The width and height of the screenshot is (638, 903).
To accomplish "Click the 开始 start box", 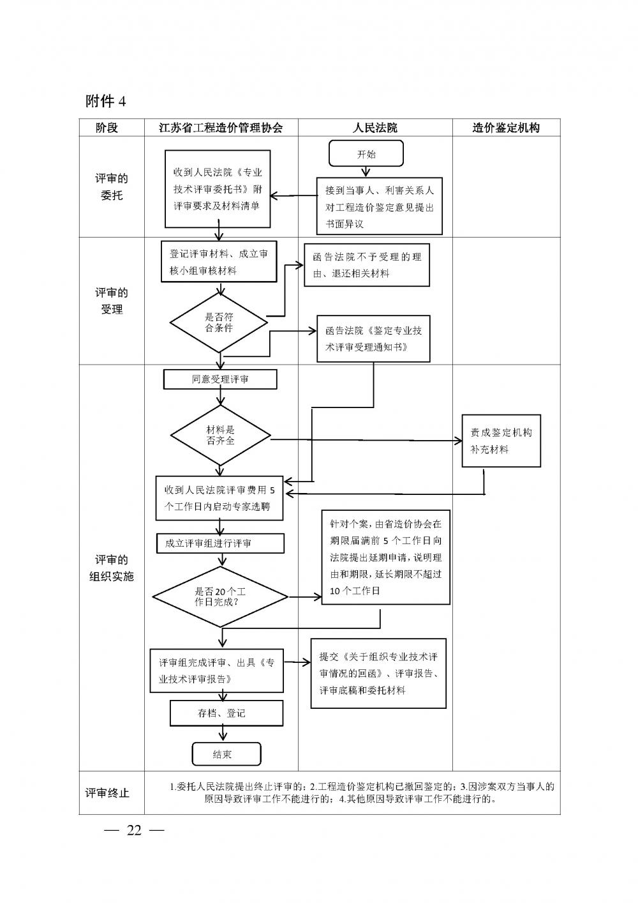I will point(366,154).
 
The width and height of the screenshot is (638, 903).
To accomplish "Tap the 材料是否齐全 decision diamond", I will point(220,436).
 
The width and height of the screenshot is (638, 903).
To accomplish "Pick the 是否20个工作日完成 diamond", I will point(220,597).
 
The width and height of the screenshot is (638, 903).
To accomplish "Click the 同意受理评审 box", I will point(220,379).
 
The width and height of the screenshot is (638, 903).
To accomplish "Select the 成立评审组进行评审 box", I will point(220,543).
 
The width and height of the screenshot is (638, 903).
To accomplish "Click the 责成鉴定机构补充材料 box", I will point(501,441).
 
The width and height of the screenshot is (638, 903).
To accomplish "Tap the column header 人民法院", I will point(375,128).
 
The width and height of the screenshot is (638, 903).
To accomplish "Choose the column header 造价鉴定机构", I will point(506,128).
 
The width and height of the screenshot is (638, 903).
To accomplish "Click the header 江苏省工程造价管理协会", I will point(220,128).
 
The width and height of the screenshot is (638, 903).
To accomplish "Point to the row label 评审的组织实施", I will point(111,568).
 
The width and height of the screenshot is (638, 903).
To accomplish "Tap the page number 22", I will point(134,830).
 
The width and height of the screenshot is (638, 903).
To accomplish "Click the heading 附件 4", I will point(105,101).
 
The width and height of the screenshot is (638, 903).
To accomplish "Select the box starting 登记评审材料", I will point(219,262).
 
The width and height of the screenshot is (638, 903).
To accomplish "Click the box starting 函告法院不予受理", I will point(366,265).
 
